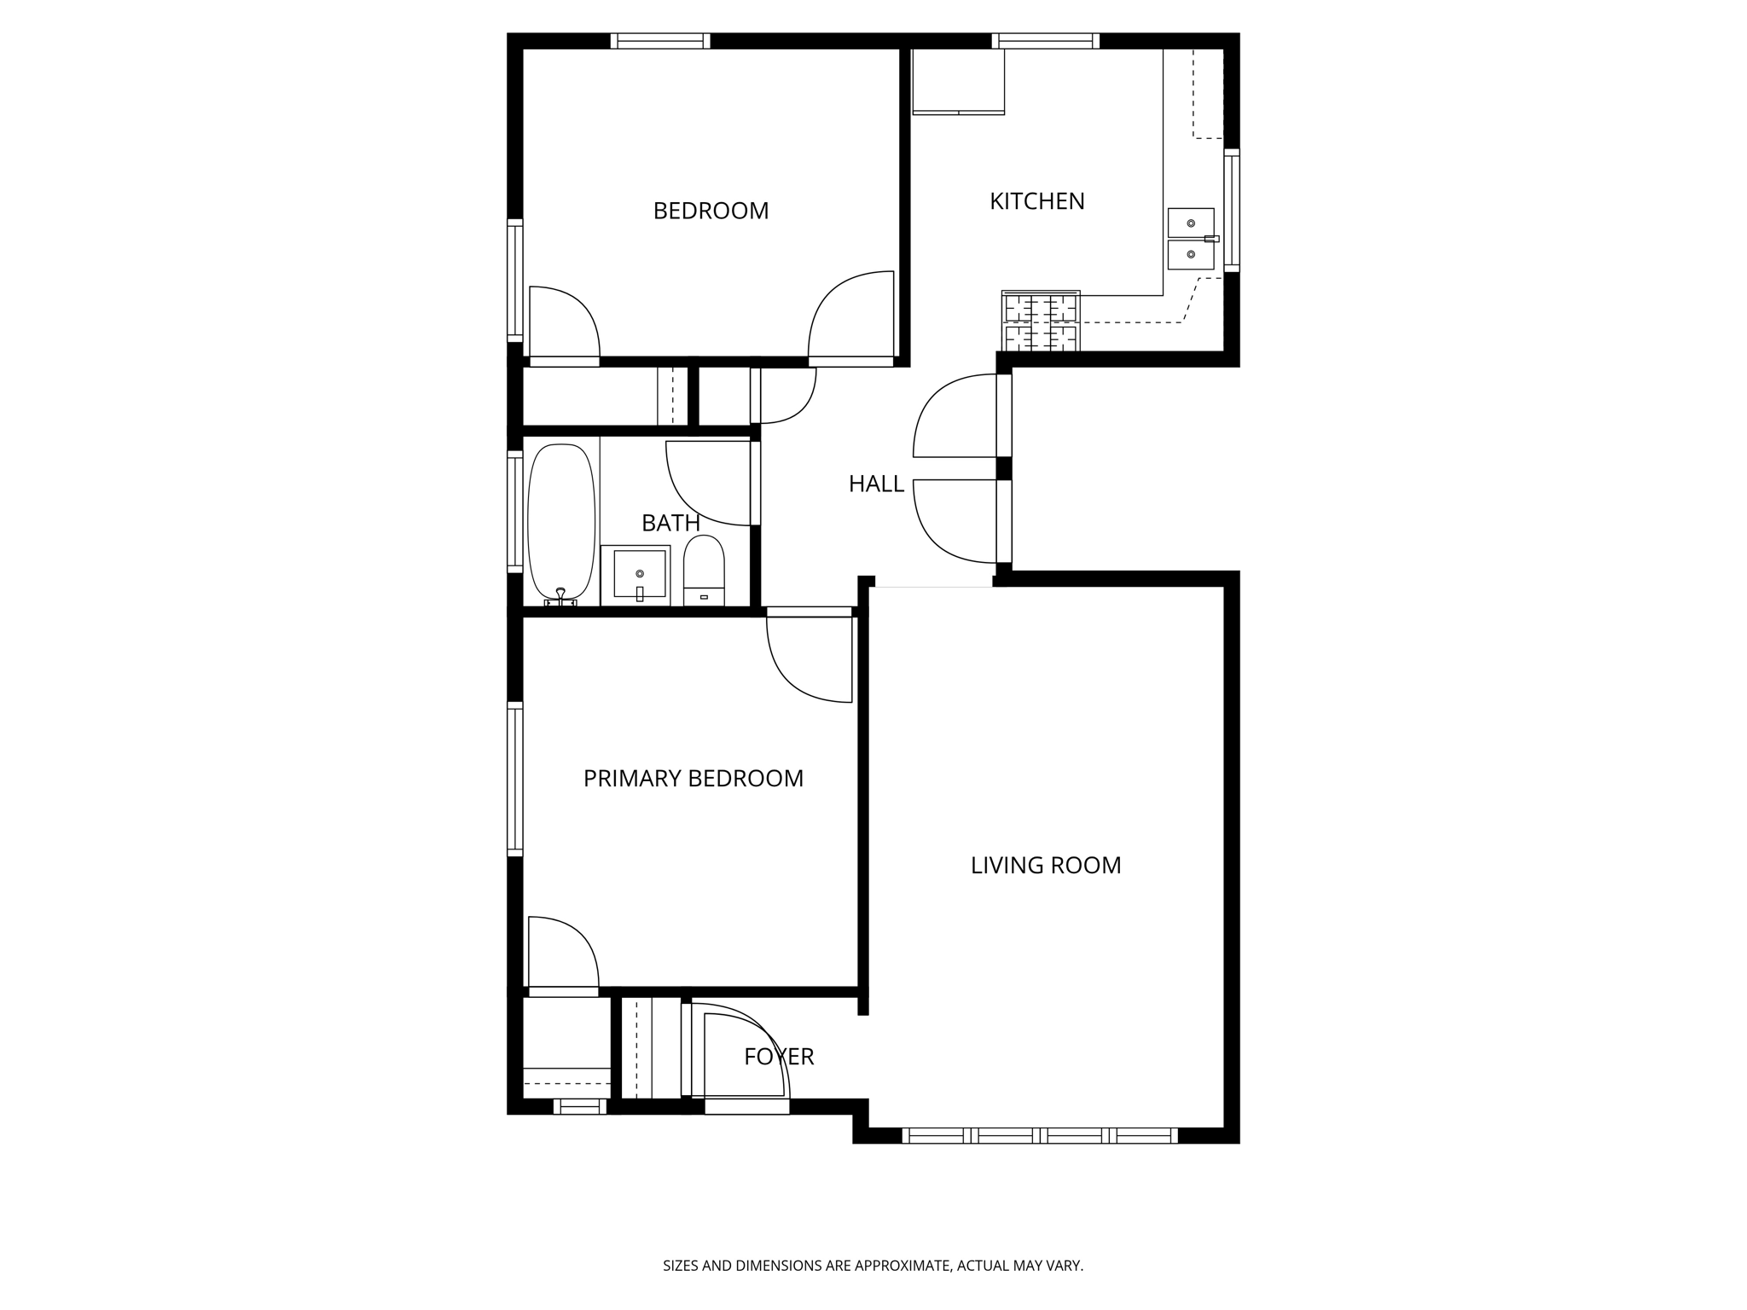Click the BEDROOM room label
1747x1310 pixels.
pyautogui.click(x=711, y=211)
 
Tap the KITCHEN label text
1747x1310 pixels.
pyautogui.click(x=1036, y=201)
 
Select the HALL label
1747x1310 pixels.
pyautogui.click(x=876, y=484)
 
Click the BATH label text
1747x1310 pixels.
pyautogui.click(x=670, y=523)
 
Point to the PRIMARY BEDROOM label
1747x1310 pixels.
pyautogui.click(x=693, y=779)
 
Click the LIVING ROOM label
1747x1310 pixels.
pyautogui.click(x=1046, y=866)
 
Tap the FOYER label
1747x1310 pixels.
pyautogui.click(x=779, y=1057)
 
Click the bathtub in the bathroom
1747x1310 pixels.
pyautogui.click(x=560, y=522)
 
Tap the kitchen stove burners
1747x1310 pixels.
pyautogui.click(x=1041, y=322)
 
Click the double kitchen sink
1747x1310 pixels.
pyautogui.click(x=1191, y=239)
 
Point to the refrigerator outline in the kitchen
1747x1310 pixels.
pyautogui.click(x=958, y=81)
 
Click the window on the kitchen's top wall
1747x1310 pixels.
pyautogui.click(x=1045, y=40)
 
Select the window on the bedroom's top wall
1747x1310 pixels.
pyautogui.click(x=660, y=40)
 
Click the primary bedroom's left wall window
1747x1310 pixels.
pyautogui.click(x=514, y=778)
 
